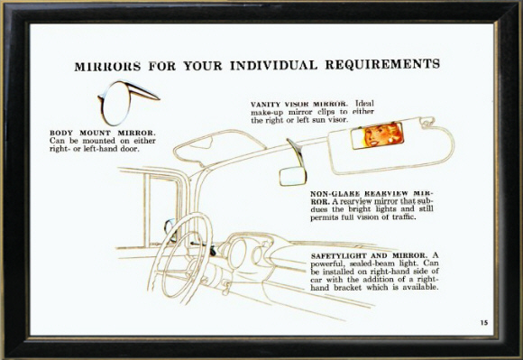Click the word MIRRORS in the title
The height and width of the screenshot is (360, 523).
(x=107, y=66)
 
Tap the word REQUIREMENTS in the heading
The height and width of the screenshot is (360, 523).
(x=382, y=64)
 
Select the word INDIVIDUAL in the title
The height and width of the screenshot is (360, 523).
(x=273, y=65)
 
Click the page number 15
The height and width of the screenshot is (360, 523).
(x=484, y=323)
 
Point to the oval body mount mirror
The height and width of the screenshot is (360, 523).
(x=115, y=104)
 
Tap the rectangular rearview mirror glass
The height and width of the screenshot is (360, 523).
(x=293, y=176)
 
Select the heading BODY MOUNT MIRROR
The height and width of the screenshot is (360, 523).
(x=103, y=134)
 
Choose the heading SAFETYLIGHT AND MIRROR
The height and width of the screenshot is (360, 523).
(x=369, y=256)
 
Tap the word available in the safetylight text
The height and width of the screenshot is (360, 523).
(x=420, y=287)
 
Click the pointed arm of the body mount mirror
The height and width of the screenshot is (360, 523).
(x=144, y=92)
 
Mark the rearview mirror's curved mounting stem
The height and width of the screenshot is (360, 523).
(x=296, y=152)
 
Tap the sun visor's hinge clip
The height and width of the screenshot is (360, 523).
(x=427, y=122)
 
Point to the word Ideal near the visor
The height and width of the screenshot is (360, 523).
(x=364, y=104)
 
